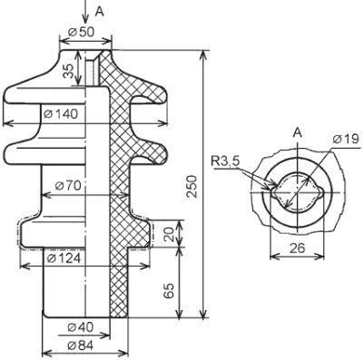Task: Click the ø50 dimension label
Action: pos(82,32)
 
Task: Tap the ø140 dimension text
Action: pos(61,114)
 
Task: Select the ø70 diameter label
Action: pos(69,186)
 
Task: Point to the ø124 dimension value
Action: pos(64,258)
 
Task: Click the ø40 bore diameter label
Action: pos(81,327)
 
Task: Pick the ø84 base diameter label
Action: pos(81,345)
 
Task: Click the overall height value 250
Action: pos(192,186)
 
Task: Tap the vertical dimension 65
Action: pos(170,290)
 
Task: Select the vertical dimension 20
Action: pos(170,234)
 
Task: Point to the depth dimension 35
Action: pos(69,71)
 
